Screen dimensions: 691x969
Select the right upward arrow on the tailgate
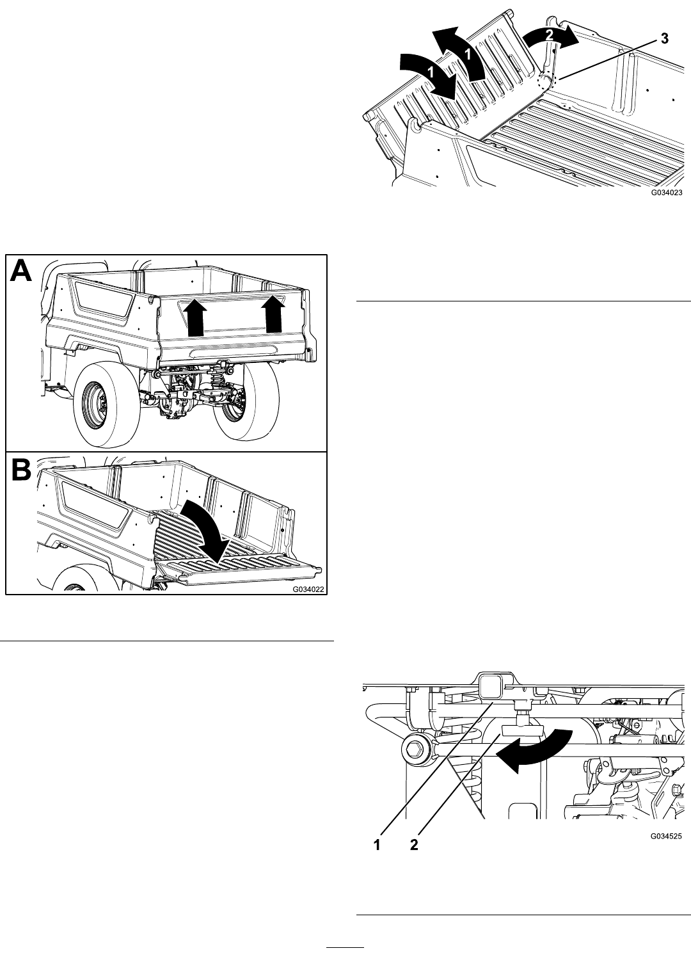274,314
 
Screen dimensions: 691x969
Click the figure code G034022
308,589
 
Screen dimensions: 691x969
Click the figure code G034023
667,193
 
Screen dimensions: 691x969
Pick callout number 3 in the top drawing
664,38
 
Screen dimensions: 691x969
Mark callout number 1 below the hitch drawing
377,844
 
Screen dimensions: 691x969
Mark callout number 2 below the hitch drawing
414,844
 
